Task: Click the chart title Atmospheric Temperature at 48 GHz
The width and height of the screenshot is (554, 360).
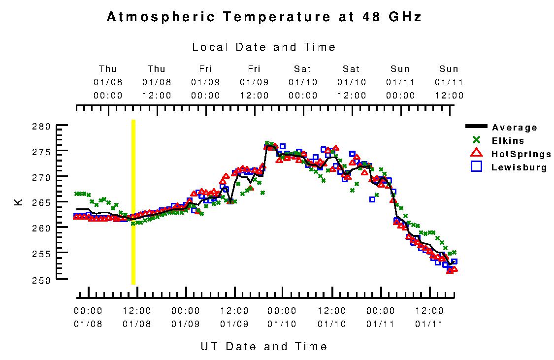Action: (264, 17)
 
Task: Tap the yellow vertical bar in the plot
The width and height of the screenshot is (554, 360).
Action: (133, 202)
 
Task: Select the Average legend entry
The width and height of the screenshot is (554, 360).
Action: (514, 128)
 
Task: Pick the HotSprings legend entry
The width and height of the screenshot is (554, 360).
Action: (521, 154)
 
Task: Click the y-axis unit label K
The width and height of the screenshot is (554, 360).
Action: (19, 202)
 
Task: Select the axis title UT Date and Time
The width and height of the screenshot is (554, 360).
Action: (264, 346)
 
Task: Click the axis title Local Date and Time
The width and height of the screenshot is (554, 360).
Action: (264, 47)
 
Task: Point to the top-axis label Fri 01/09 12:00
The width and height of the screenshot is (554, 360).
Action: (254, 82)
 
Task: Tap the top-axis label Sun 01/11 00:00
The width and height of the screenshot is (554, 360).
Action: (400, 82)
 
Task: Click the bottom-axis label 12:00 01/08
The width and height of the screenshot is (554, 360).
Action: (137, 317)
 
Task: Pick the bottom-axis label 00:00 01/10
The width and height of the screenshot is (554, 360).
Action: (282, 317)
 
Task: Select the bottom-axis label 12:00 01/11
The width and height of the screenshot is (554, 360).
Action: (429, 317)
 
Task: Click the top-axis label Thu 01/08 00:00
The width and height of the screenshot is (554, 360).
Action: (108, 82)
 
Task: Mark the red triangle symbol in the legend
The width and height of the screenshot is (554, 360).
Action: (476, 154)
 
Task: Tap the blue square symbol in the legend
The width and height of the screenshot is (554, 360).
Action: (476, 167)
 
